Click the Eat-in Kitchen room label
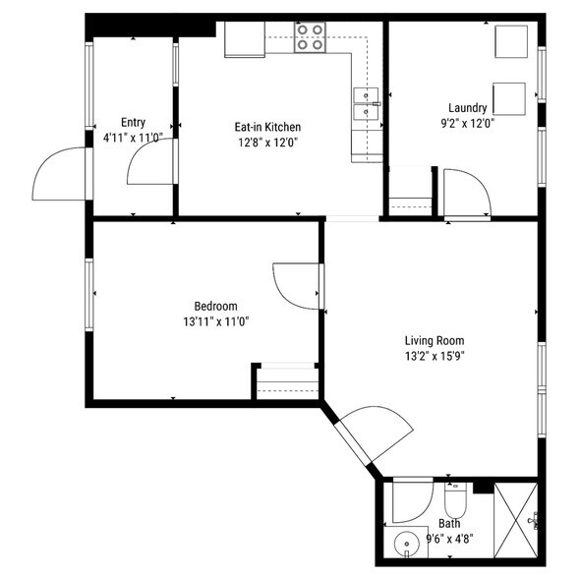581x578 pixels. [x=267, y=127]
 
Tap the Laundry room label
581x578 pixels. [x=468, y=108]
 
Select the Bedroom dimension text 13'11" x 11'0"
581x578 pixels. [x=216, y=321]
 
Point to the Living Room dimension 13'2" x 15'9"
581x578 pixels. [x=435, y=356]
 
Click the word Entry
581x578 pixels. [x=133, y=123]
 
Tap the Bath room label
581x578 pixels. [x=449, y=524]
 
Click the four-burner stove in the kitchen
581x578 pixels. [x=310, y=37]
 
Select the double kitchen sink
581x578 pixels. [x=366, y=104]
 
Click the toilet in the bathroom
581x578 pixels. [x=455, y=500]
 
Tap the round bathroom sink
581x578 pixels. [x=406, y=545]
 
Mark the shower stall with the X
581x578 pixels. [x=516, y=520]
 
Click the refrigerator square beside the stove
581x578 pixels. [x=245, y=39]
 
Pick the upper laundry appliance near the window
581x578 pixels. [x=511, y=41]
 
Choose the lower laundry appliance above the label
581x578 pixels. [x=509, y=99]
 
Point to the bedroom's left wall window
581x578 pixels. [x=88, y=295]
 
